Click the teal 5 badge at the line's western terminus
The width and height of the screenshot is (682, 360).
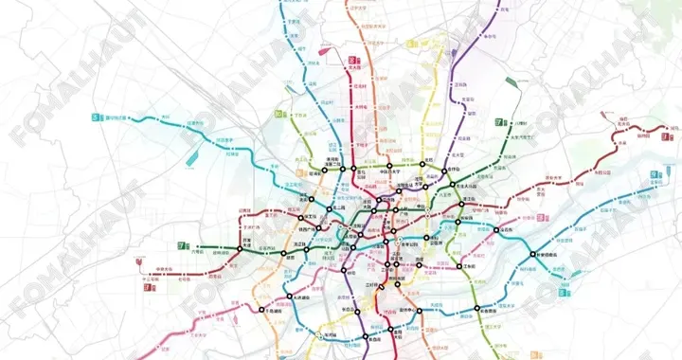click(x=95, y=118)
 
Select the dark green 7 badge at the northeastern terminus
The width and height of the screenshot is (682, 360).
click(x=497, y=122)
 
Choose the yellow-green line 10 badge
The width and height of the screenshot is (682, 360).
click(x=278, y=115)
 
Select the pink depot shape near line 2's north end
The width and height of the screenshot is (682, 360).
click(x=325, y=50)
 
